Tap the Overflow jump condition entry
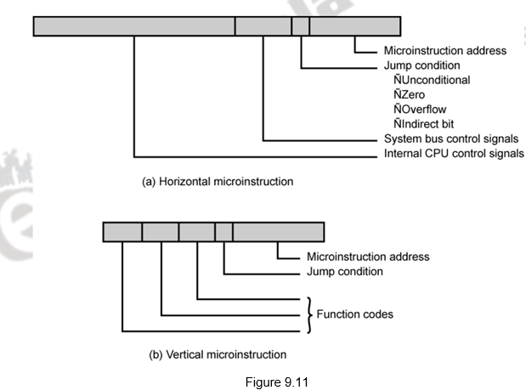click(x=426, y=109)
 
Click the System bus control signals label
click(x=451, y=138)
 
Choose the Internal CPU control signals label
click(x=454, y=154)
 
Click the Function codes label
click(x=354, y=314)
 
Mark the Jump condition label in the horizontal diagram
click(x=422, y=65)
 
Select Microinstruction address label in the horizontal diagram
click(x=444, y=51)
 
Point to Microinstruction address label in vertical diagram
click(x=367, y=257)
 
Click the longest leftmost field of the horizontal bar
click(x=134, y=26)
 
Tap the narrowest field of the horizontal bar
click(x=300, y=26)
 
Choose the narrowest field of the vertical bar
click(x=223, y=232)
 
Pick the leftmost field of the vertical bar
click(x=122, y=232)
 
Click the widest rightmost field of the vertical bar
click(x=279, y=232)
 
